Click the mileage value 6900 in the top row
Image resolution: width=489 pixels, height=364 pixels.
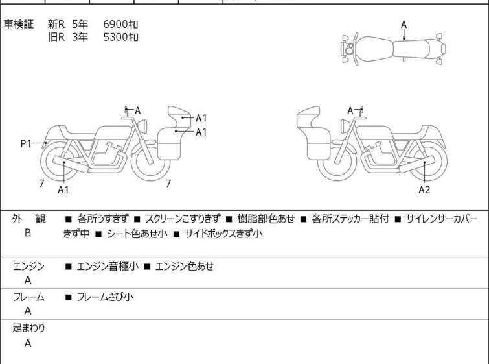[116, 24]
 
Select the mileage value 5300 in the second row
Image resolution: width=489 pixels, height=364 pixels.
[116, 37]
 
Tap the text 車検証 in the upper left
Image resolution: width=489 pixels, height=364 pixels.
[18, 24]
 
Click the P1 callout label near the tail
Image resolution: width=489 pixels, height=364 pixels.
[26, 144]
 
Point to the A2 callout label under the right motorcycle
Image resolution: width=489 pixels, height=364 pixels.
[424, 189]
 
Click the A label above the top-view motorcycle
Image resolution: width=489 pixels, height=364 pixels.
[404, 25]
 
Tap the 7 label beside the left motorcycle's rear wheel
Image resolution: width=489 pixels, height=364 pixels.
[41, 184]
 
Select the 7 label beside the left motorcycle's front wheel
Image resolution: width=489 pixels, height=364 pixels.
[168, 184]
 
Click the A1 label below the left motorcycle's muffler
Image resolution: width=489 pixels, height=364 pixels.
[63, 189]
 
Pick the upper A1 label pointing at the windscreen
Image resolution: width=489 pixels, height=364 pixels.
[201, 118]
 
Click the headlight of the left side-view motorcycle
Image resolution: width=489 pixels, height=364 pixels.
[142, 127]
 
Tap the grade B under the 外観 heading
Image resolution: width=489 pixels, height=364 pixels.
[28, 233]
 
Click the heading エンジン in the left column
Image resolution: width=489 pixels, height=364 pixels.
[28, 267]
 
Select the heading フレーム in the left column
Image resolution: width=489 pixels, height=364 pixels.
[28, 297]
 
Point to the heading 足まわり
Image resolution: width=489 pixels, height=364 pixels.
[28, 328]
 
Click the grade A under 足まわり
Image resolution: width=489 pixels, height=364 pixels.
[28, 343]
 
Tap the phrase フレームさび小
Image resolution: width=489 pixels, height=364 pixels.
[105, 297]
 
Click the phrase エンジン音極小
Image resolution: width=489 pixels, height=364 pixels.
[108, 267]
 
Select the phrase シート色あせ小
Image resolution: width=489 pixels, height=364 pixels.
[137, 234]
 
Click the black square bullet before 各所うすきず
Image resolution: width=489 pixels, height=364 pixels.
[69, 219]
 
